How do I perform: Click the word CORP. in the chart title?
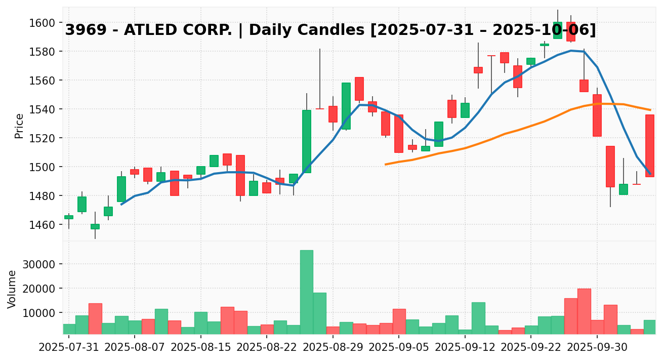pyautogui.click(x=209, y=30)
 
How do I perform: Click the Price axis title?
pyautogui.click(x=19, y=126)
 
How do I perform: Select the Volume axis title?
pyautogui.click(x=12, y=289)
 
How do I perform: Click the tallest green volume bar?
pyautogui.click(x=306, y=292)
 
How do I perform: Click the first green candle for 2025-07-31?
pyautogui.click(x=69, y=217)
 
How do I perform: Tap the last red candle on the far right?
pyautogui.click(x=650, y=146)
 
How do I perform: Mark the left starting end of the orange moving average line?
pyautogui.click(x=386, y=165)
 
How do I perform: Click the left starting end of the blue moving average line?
pyautogui.click(x=121, y=205)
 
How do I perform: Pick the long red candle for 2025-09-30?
pyautogui.click(x=597, y=115)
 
